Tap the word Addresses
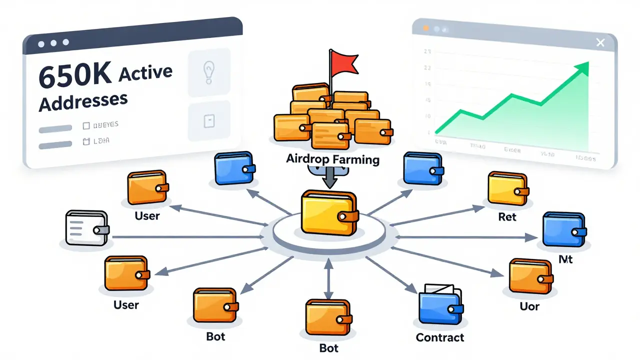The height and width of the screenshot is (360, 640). [x=83, y=102]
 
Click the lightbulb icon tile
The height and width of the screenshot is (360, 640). [x=208, y=72]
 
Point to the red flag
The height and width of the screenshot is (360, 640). [x=344, y=62]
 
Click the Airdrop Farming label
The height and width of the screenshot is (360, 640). [x=332, y=159]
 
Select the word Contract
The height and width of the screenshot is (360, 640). [x=440, y=337]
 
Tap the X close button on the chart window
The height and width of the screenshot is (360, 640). [x=600, y=42]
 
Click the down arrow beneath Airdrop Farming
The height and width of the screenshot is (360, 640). [x=327, y=177]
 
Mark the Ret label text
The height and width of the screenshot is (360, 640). [x=507, y=217]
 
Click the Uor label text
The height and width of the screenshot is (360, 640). [x=529, y=305]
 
